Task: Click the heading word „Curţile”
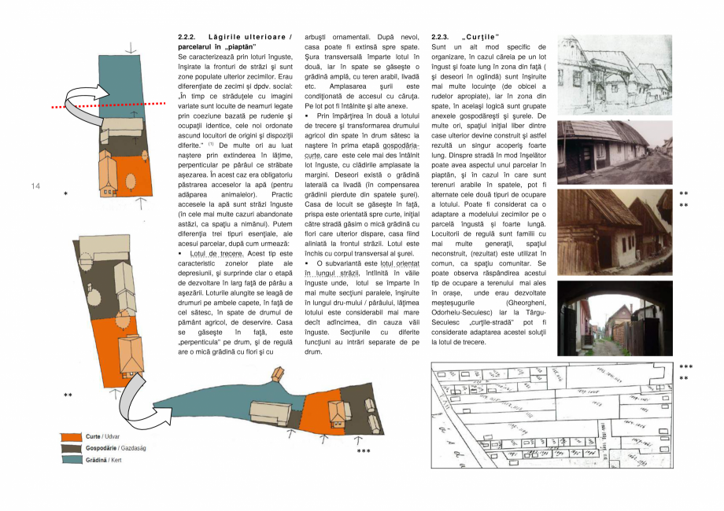click(481, 37)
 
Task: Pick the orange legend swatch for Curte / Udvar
click(72, 436)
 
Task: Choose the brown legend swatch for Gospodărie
click(72, 447)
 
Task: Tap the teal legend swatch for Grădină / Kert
click(72, 459)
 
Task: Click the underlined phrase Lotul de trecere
click(216, 254)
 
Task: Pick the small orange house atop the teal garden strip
click(277, 374)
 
